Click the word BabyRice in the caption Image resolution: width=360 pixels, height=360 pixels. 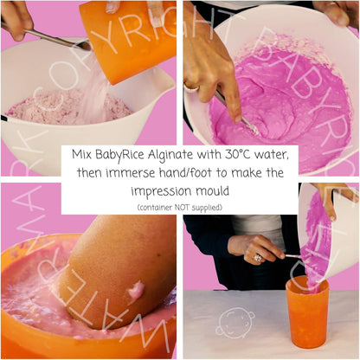click(119, 155)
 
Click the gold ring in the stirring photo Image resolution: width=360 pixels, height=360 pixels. click(191, 87)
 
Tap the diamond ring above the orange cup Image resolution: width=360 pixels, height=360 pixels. click(258, 258)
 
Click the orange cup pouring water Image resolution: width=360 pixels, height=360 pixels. click(128, 41)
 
